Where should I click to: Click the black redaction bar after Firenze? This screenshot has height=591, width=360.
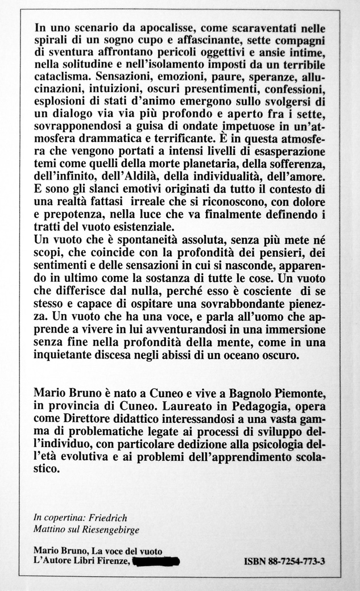(156, 561)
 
